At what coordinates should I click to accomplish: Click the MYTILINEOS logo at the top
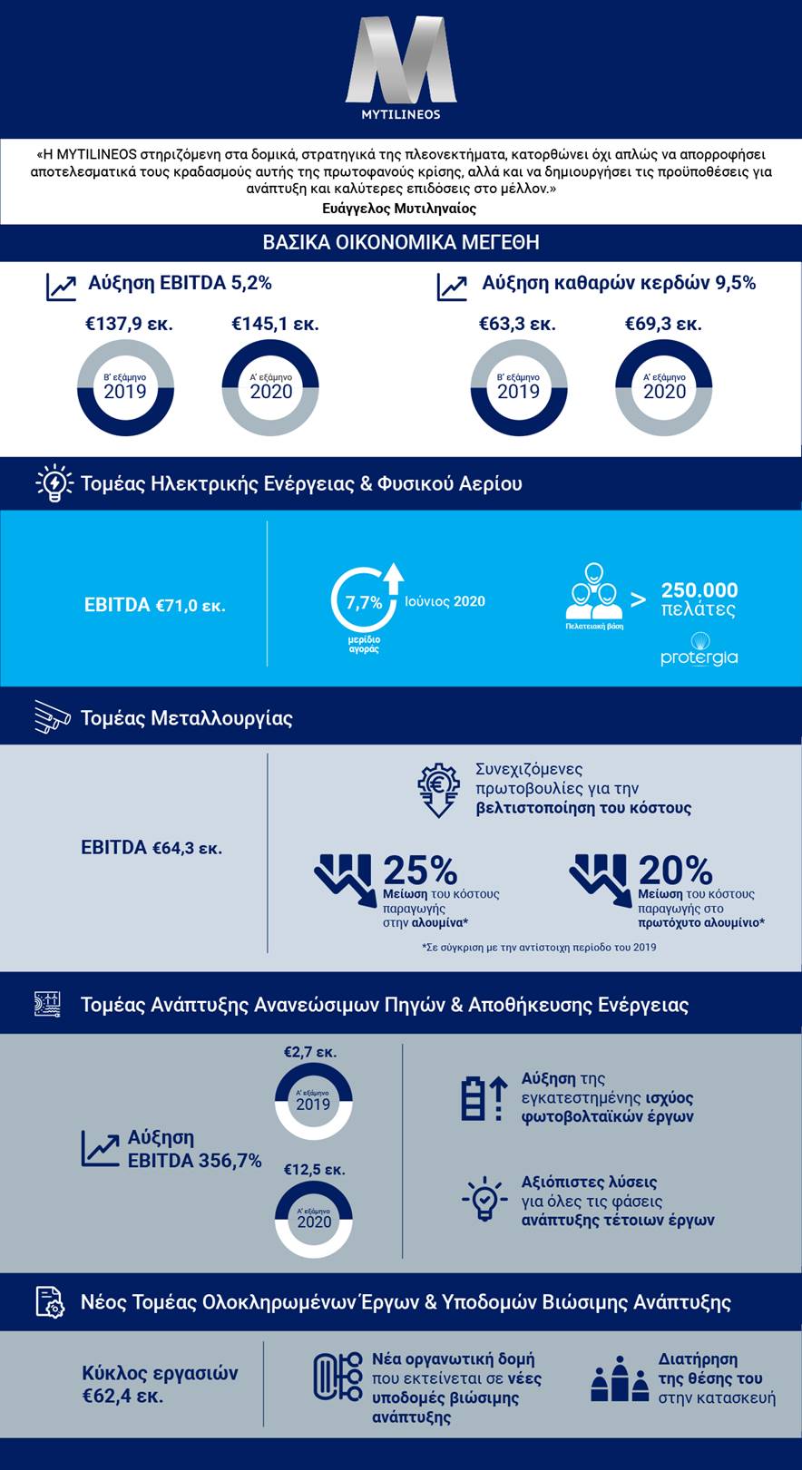coord(400,68)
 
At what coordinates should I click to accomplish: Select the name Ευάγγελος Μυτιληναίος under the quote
coord(399,209)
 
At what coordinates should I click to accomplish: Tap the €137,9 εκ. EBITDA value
coord(129,324)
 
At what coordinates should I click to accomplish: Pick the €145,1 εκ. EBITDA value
coord(275,324)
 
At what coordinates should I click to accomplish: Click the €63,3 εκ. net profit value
coord(517,324)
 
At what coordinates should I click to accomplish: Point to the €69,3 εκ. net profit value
coord(663,324)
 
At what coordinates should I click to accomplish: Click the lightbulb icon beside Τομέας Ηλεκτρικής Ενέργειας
coord(54,483)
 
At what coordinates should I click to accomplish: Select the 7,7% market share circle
coord(364,601)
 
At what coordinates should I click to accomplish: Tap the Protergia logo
coord(699,649)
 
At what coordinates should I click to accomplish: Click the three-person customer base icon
coord(594,594)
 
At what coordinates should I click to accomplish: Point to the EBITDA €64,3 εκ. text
coord(152,848)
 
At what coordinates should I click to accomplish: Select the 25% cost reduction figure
coord(420,871)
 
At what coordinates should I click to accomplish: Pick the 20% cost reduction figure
coord(675,871)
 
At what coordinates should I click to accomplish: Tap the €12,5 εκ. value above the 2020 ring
coord(314,1170)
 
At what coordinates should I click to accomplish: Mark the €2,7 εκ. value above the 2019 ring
coord(310,1053)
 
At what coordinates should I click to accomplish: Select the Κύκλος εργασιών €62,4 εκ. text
coord(160,1384)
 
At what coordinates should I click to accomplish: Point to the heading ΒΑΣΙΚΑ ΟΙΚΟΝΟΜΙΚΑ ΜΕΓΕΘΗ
coord(401,243)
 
